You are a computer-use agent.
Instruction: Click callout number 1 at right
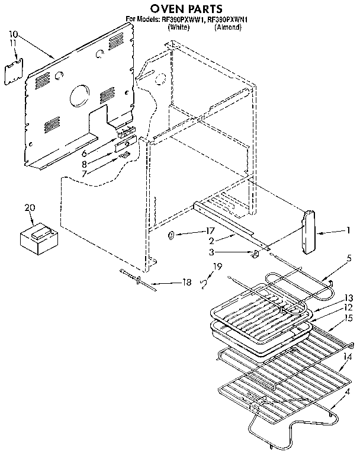point(349,230)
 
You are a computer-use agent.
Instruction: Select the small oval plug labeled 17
point(171,235)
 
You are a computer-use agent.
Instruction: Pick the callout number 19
point(217,266)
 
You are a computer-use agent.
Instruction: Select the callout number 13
point(349,298)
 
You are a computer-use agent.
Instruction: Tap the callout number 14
point(349,357)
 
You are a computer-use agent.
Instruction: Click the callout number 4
point(346,391)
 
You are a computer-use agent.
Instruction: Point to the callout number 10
point(14,35)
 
